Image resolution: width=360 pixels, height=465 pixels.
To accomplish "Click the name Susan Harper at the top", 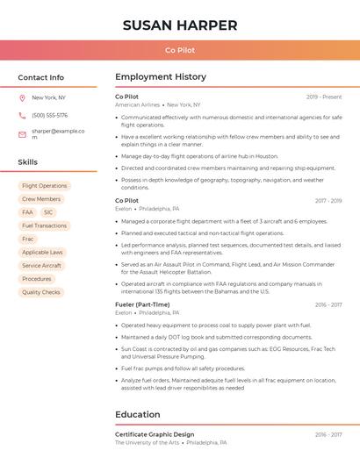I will [x=180, y=25].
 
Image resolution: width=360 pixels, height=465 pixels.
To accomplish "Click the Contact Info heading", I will [x=41, y=77].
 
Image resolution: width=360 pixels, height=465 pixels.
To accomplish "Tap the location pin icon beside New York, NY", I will [x=22, y=98].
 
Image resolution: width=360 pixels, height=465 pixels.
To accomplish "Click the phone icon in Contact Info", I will [x=22, y=116].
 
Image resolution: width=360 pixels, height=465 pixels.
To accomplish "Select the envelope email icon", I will [x=22, y=134].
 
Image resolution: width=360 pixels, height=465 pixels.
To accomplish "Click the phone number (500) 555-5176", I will [x=49, y=116].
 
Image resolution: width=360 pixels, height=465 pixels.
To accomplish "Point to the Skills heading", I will [x=28, y=162].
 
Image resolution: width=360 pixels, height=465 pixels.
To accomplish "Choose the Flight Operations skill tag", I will [x=44, y=186].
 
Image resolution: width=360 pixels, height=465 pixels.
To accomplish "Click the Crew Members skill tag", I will [x=41, y=199].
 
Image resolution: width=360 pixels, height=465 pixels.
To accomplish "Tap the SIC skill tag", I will [x=48, y=212].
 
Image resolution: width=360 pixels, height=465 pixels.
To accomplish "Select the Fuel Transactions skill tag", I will [x=44, y=225].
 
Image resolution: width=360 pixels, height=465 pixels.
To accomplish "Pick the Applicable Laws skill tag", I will [x=42, y=252].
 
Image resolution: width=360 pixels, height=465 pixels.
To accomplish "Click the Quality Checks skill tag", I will [x=41, y=292].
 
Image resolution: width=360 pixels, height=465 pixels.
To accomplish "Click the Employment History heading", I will [x=161, y=77].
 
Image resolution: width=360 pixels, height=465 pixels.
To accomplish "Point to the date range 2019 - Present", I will [x=324, y=97].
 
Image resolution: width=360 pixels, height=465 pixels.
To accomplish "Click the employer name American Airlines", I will [x=137, y=104].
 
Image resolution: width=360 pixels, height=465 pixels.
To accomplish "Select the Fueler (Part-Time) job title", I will [x=142, y=304].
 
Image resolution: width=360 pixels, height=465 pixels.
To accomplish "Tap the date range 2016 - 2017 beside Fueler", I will [x=328, y=305].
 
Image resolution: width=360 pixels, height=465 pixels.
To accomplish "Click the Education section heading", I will [x=138, y=414].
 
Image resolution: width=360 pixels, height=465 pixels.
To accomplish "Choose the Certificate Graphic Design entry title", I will [x=155, y=434].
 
